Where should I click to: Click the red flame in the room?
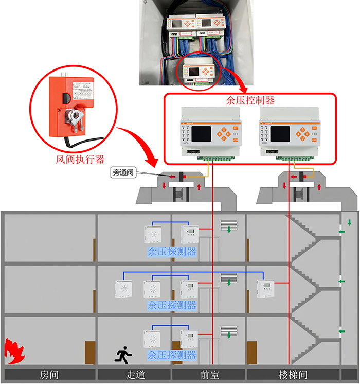click(x=14, y=352)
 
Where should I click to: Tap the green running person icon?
click(x=123, y=355)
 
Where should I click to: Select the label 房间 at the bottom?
click(x=49, y=375)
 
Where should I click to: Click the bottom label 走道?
click(x=134, y=375)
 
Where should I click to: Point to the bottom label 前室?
click(x=209, y=375)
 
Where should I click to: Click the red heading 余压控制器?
click(x=250, y=100)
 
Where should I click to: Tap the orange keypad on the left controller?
click(x=224, y=133)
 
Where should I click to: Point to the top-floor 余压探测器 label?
click(x=171, y=252)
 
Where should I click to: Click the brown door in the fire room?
click(x=89, y=354)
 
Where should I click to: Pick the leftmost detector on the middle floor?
click(x=124, y=288)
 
